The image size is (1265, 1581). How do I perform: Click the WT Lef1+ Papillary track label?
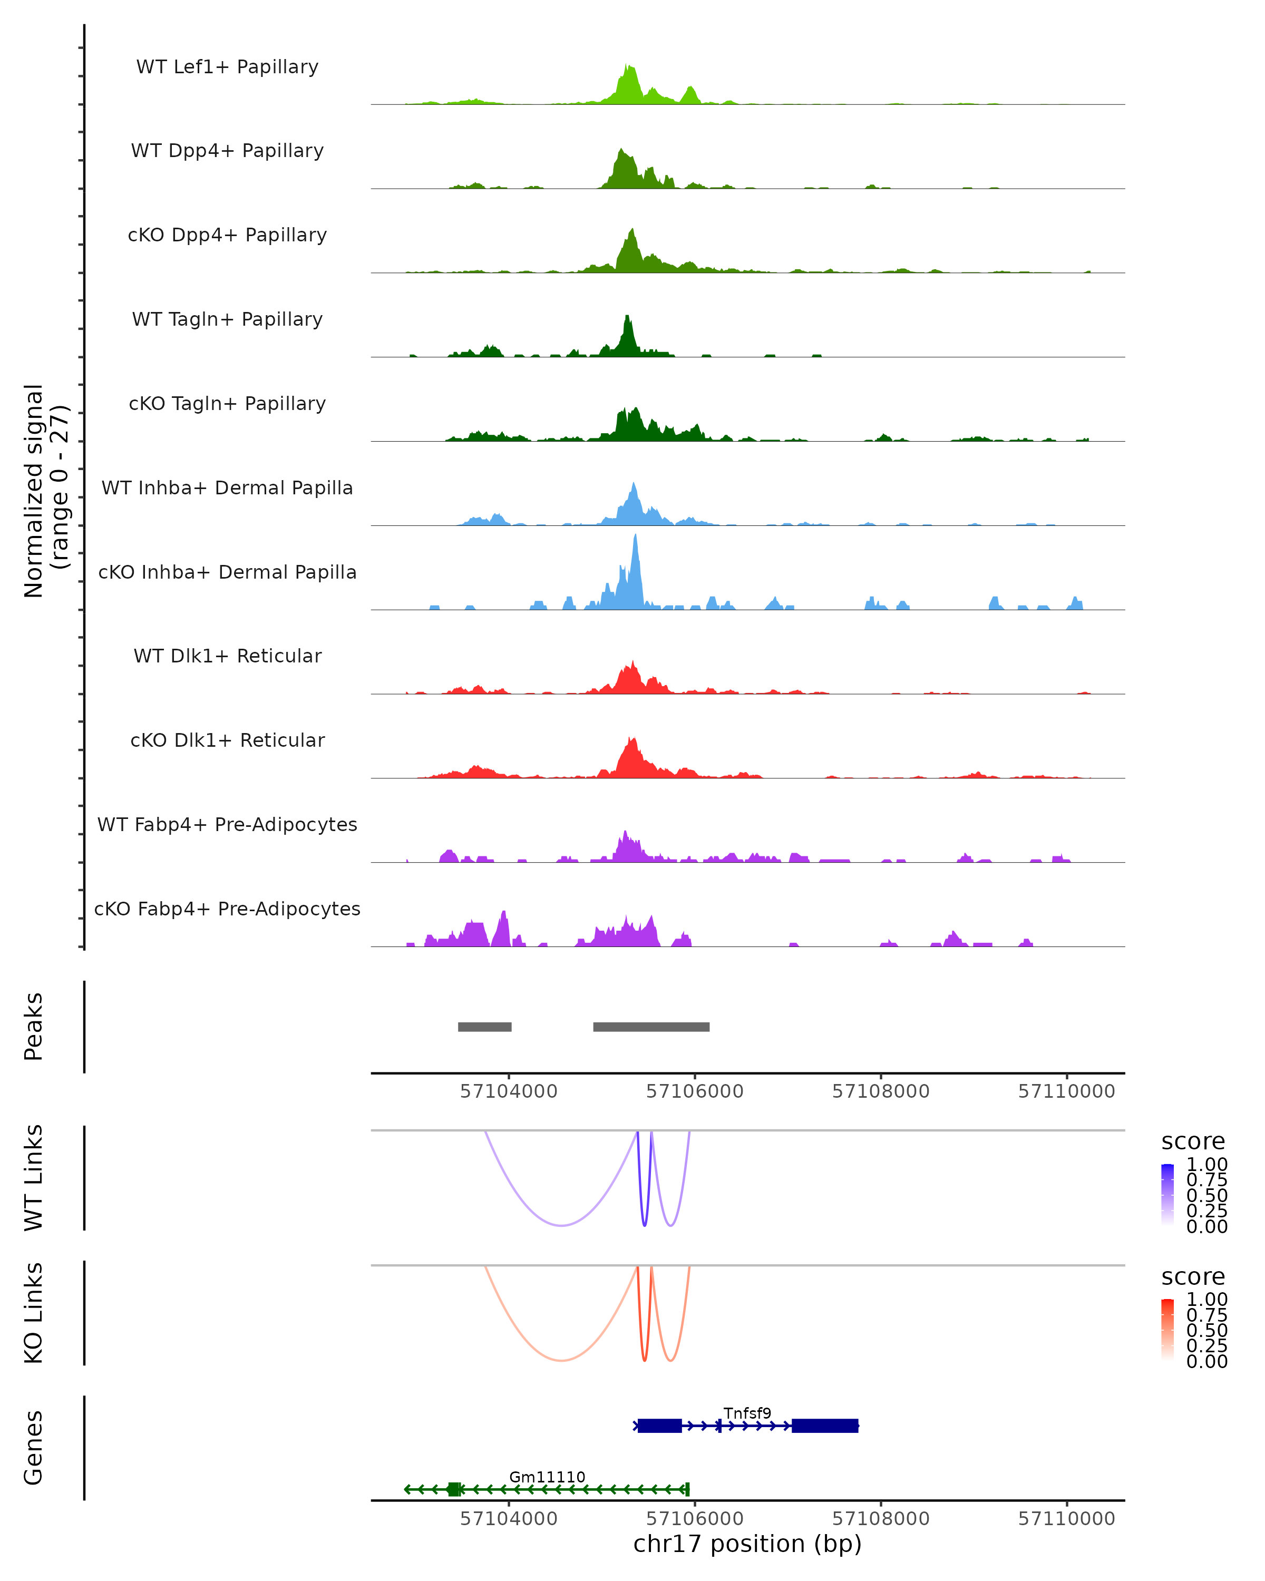coord(227,67)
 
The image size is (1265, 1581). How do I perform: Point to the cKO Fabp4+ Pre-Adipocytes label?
coord(227,909)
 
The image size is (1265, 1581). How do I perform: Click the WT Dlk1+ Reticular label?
coord(227,656)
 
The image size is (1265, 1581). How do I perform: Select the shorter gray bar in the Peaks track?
coord(485,1027)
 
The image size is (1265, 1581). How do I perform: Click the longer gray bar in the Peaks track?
coord(651,1027)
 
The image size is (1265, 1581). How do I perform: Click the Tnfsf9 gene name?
coord(747,1413)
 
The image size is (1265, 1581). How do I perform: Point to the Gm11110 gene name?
coord(547,1477)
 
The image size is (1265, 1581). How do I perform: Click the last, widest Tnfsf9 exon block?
coord(825,1426)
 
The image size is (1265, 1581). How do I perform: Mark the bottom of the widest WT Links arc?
coord(561,1225)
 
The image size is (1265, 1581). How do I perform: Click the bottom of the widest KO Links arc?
coord(561,1360)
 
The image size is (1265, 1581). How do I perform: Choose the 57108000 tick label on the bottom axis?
coord(881,1519)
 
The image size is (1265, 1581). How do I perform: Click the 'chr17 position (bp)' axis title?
coord(747,1544)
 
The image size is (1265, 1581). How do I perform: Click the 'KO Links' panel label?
coord(34,1313)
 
